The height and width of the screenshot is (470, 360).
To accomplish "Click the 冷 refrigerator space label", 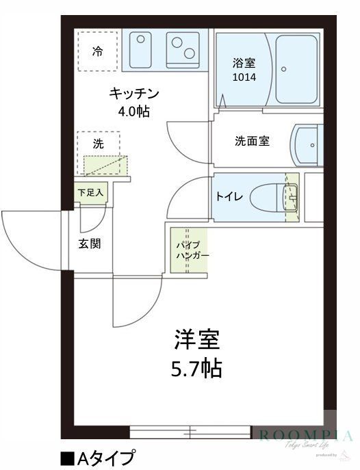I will (98, 50).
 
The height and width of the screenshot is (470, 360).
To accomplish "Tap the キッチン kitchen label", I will (134, 94).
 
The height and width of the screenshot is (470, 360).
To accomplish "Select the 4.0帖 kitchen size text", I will (134, 111).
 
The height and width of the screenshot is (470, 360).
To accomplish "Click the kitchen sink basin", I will (142, 49).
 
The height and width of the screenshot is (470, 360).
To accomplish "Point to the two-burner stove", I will (183, 49).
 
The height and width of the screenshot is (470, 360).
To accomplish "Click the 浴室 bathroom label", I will (243, 63).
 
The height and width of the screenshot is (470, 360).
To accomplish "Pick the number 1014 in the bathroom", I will (243, 77).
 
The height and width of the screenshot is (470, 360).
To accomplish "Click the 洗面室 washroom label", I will (252, 141).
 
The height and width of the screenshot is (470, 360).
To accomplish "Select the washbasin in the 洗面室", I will (306, 145).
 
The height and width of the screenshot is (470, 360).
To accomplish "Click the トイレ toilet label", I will (228, 197).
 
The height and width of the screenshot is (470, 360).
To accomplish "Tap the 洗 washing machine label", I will (98, 144).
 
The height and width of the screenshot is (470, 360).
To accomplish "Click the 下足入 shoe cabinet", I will (90, 193).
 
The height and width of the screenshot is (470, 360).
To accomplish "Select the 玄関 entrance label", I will (90, 243).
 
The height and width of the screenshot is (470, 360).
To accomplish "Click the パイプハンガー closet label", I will (188, 250).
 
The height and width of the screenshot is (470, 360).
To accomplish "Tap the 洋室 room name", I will (196, 339).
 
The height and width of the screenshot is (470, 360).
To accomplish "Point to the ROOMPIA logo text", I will (305, 435).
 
